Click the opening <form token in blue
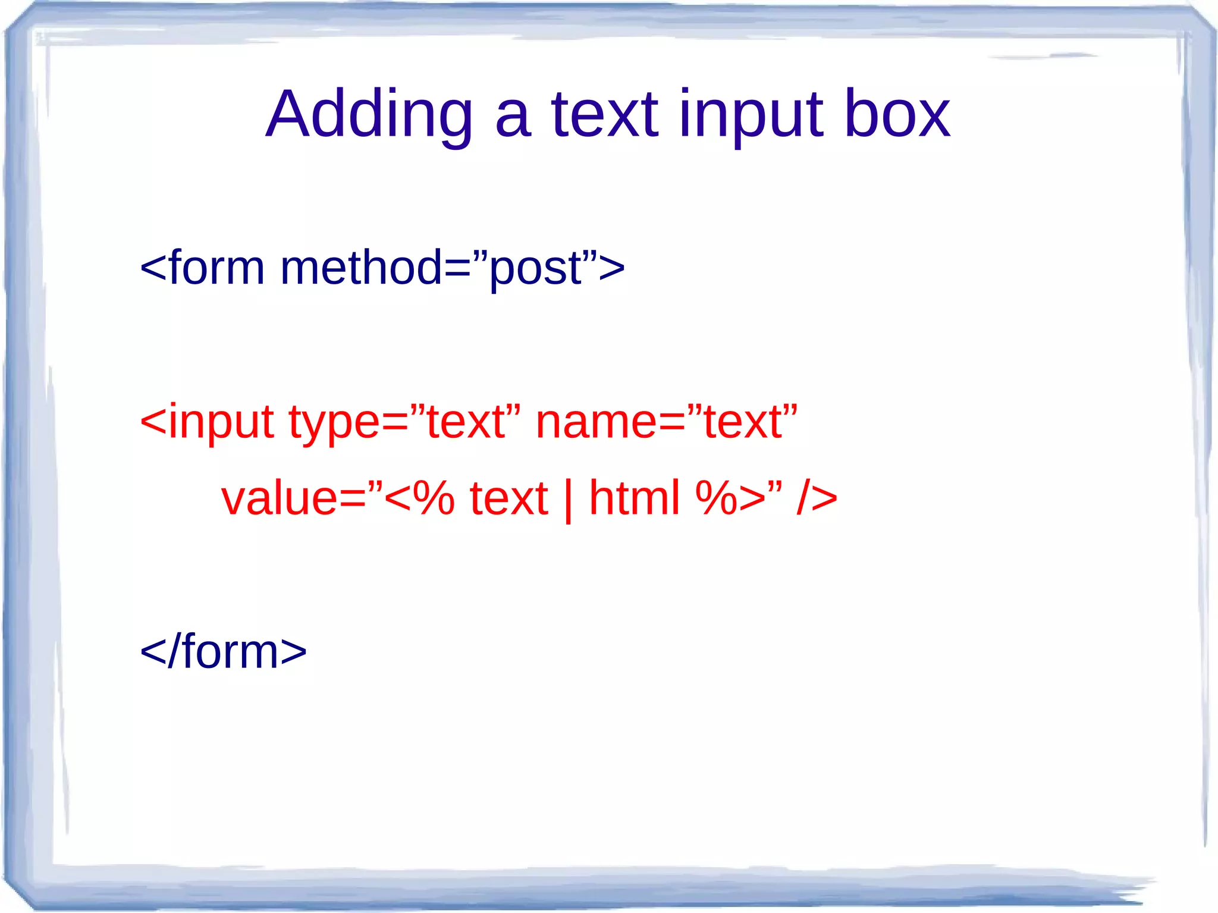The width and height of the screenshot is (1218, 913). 202,268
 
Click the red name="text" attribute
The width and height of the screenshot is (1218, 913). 666,421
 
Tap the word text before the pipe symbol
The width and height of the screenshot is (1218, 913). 508,498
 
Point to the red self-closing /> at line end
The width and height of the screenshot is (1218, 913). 817,498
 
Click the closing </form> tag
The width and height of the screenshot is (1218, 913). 223,652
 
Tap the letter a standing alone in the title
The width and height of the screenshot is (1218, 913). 512,119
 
